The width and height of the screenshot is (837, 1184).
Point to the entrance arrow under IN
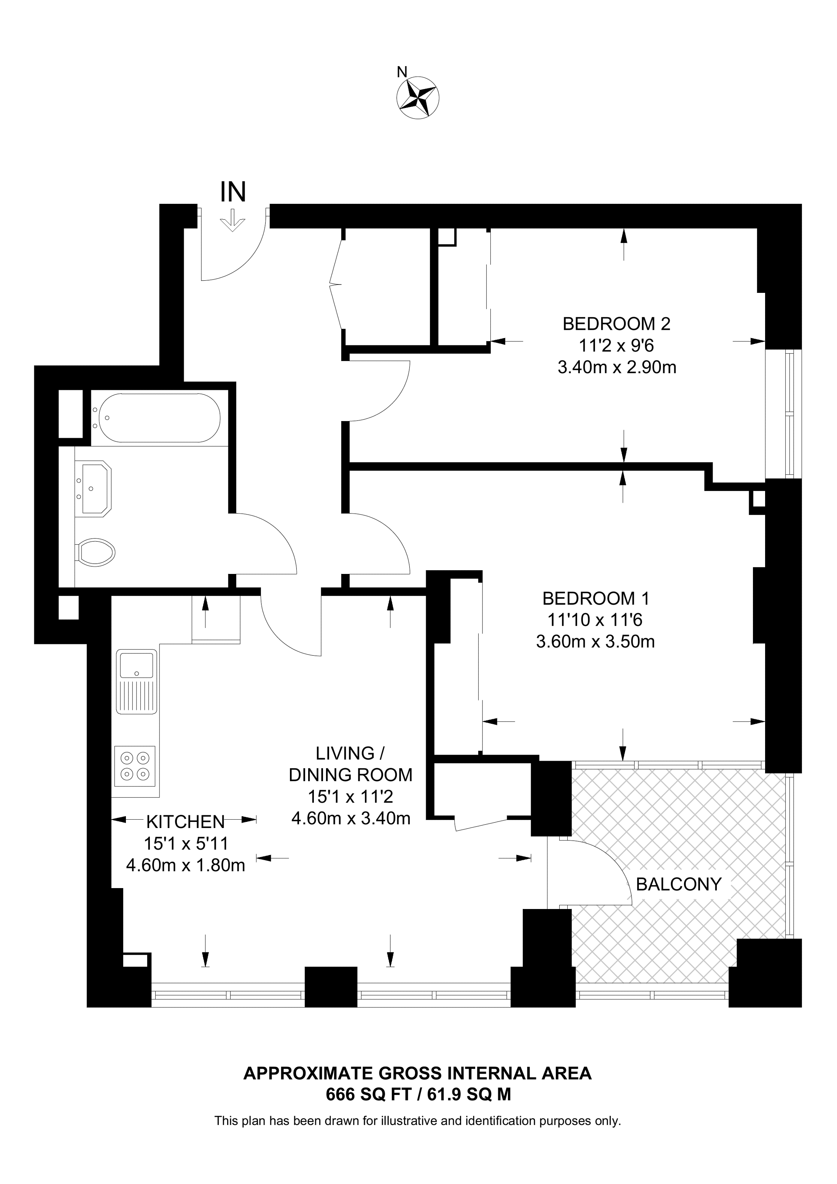point(232,221)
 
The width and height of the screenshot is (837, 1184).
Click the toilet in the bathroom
point(96,553)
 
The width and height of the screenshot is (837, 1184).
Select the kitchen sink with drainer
point(136,682)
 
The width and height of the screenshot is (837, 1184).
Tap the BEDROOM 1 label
point(596,599)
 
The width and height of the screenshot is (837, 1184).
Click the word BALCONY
point(678,884)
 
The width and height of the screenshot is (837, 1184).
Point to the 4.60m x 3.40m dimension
point(351,818)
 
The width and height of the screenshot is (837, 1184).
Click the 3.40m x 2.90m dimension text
point(617,368)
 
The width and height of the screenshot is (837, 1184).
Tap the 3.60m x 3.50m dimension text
point(596,642)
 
